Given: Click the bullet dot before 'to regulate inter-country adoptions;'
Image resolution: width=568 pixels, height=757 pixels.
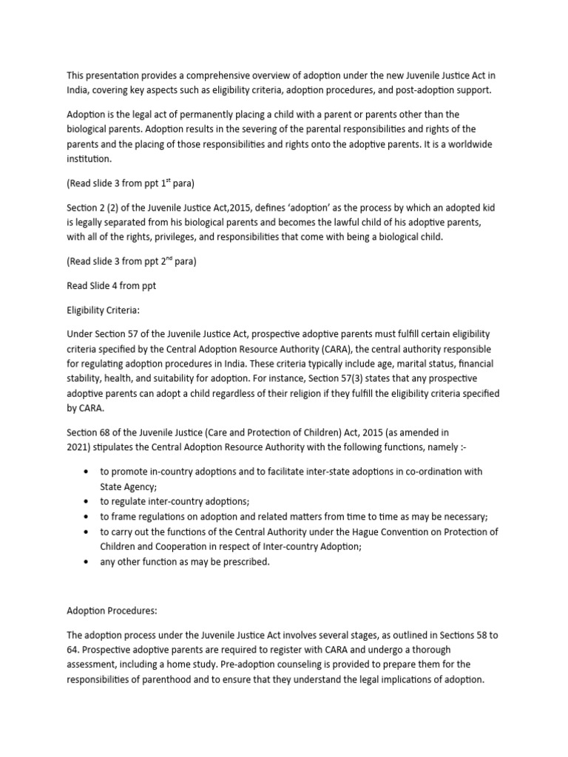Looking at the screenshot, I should [88, 501].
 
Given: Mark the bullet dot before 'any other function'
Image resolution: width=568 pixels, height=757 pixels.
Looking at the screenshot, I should [88, 562].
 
